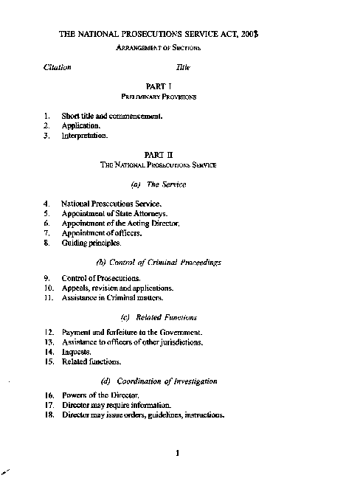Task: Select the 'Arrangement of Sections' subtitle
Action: [159, 48]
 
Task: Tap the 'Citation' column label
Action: [57, 67]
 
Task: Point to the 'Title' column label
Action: [183, 67]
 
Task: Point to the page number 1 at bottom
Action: [178, 453]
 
